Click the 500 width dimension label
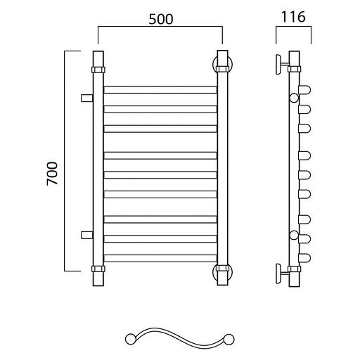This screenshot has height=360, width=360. click(x=161, y=19)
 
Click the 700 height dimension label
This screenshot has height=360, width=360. click(x=52, y=174)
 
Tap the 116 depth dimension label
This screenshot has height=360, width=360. click(x=293, y=17)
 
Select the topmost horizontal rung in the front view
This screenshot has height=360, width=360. click(x=160, y=90)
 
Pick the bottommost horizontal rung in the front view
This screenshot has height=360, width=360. click(x=160, y=258)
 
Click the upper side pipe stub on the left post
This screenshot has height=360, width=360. click(x=87, y=98)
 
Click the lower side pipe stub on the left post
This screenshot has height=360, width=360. click(x=87, y=235)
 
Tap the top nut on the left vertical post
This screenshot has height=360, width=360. click(x=98, y=70)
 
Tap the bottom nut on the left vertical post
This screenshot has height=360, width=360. click(x=98, y=269)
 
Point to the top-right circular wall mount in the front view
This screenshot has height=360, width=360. click(x=214, y=64)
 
